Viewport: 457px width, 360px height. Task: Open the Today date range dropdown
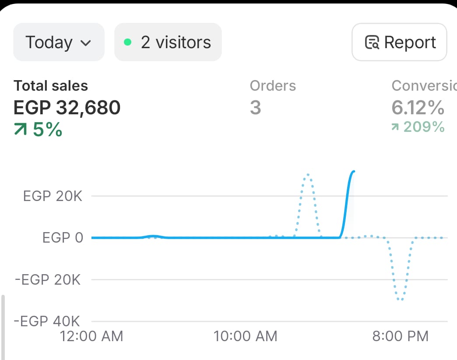(59, 42)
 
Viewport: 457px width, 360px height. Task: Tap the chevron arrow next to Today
(86, 43)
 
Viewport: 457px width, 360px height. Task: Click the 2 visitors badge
(168, 42)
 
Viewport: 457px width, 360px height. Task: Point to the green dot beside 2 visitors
(127, 42)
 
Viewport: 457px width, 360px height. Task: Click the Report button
(399, 42)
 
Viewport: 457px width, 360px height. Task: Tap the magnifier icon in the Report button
(372, 43)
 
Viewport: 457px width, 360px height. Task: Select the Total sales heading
(51, 86)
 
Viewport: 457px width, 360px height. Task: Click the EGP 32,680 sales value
(67, 107)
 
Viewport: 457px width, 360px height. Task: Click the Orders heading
(273, 86)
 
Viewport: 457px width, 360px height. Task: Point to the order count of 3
(255, 107)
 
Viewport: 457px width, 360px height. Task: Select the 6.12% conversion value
(418, 107)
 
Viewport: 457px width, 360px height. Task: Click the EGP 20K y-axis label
(53, 196)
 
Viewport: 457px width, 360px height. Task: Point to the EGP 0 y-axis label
(63, 238)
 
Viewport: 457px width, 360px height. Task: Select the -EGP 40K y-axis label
(47, 321)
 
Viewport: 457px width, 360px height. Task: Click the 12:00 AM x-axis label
(91, 336)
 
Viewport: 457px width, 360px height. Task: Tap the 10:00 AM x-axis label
(246, 336)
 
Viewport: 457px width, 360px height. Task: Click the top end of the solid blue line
(353, 171)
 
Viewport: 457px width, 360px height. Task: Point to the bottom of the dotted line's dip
(400, 300)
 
